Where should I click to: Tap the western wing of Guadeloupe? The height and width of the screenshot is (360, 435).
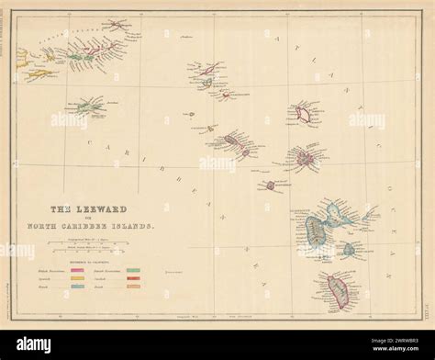coord(316,229)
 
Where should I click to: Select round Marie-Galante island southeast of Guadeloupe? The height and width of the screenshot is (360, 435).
coord(350,249)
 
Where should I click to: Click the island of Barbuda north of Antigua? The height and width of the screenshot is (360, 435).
coord(302,115)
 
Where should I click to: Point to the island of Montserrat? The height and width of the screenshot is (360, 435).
coord(270,186)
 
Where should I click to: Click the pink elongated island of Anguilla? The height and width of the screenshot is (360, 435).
coord(209,70)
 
